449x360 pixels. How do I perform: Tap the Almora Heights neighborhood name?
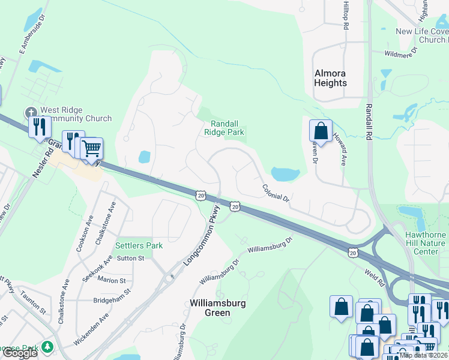(330, 78)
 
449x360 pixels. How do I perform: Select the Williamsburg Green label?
(217, 308)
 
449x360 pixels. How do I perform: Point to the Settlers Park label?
(139, 245)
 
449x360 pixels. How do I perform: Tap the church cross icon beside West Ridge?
(31, 112)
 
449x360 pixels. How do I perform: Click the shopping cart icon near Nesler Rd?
(92, 148)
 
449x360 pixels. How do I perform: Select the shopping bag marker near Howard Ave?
(321, 131)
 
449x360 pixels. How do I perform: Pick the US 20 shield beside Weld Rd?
(352, 253)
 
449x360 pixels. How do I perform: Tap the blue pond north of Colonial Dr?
(285, 175)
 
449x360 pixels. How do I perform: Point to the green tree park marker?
(46, 347)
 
